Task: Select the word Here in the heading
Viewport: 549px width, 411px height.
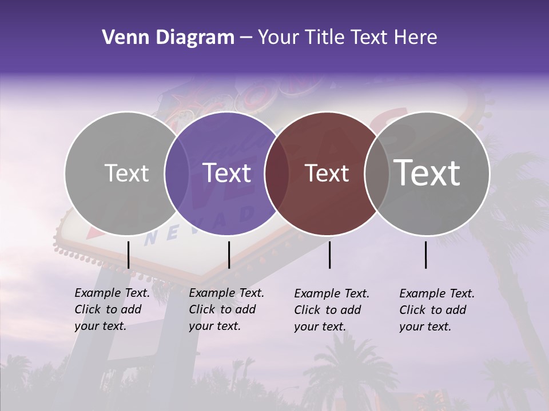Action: (416, 38)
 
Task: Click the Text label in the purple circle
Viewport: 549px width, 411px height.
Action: (227, 173)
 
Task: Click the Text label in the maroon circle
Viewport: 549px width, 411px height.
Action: (327, 174)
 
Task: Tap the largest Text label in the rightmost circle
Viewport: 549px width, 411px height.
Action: (427, 172)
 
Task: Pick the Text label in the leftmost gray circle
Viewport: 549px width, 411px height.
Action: (126, 174)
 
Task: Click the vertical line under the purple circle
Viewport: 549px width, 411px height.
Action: (229, 255)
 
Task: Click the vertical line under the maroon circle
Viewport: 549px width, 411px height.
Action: (329, 255)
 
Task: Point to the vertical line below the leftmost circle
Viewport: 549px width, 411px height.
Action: (128, 255)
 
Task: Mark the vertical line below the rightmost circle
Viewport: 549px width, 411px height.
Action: (425, 255)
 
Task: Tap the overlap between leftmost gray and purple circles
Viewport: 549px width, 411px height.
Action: (177, 174)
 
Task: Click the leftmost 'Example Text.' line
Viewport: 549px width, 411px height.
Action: (112, 293)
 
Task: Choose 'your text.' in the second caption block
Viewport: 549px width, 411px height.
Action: (214, 326)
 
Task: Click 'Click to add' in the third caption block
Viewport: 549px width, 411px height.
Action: (327, 310)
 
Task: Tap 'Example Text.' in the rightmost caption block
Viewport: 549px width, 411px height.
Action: (437, 293)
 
